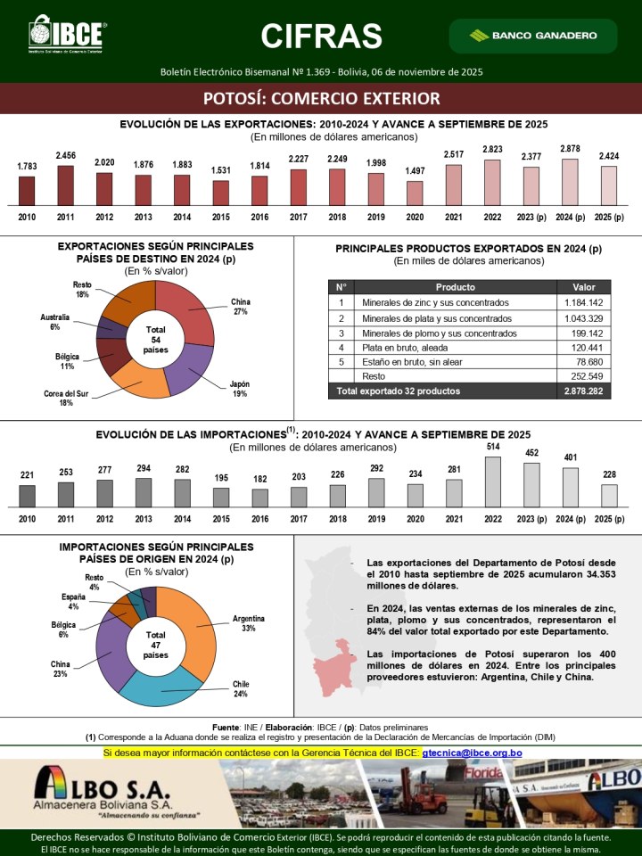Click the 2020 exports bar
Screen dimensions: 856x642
415,193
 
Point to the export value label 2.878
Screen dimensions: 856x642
571,149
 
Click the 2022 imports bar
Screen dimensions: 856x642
492,481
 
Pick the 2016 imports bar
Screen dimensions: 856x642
260,498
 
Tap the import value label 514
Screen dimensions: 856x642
492,446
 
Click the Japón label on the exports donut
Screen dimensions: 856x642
240,388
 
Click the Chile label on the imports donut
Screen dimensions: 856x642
241,688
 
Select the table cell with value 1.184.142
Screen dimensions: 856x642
584,302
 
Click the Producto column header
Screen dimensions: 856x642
455,287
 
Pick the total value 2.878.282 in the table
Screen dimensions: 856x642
584,391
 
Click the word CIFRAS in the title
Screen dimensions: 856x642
321,36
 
